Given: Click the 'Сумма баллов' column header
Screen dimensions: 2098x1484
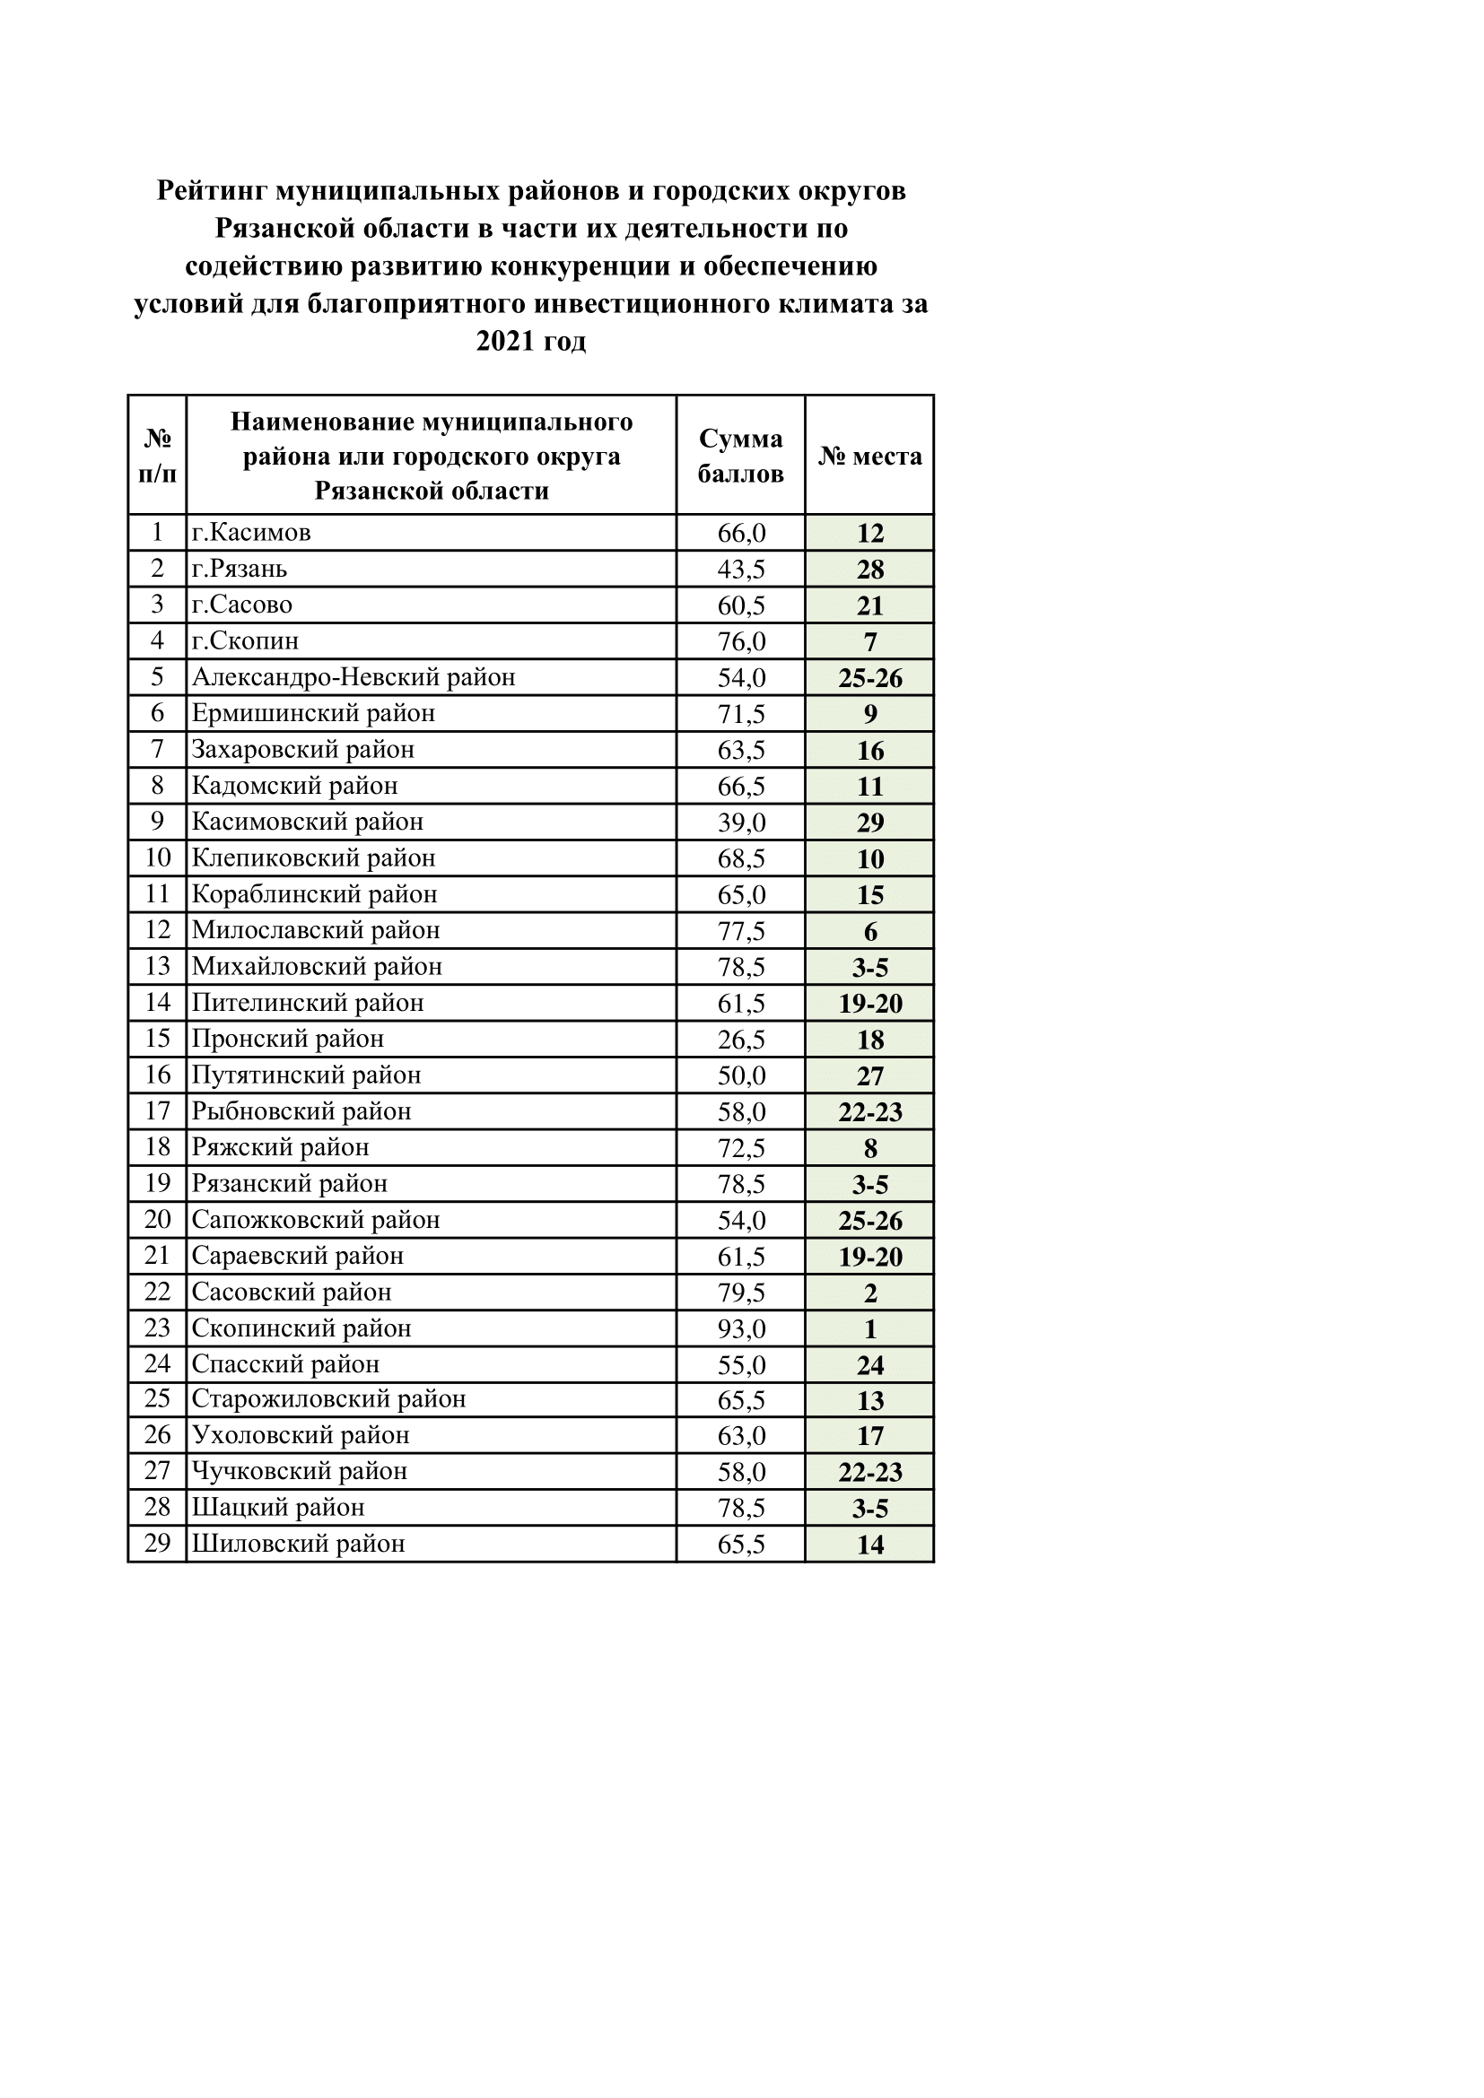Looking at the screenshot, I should [x=740, y=455].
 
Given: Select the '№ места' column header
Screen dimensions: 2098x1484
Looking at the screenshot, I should [x=869, y=455].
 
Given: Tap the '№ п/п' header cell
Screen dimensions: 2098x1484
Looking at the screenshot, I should [x=157, y=455].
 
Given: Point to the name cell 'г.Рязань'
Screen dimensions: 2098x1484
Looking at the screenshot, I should [x=240, y=569].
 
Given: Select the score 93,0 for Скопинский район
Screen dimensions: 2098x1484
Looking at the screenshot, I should [x=741, y=1328].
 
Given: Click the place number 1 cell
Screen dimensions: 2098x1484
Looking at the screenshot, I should [x=870, y=1328].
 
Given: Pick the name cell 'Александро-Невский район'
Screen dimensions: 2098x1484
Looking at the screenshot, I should [x=354, y=677].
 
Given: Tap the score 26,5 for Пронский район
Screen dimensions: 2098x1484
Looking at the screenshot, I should [x=741, y=1039].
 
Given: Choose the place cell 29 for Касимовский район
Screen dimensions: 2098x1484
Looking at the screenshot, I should [x=870, y=823].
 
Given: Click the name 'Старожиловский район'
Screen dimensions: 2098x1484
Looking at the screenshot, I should [x=329, y=1399].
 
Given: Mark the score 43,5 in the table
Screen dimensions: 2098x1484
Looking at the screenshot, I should [x=741, y=569].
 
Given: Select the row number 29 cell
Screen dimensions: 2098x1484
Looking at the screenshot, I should [x=157, y=1544].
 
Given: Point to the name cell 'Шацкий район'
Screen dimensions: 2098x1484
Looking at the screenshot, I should [x=278, y=1508].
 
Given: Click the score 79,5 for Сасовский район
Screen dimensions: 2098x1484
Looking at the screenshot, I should [x=741, y=1292].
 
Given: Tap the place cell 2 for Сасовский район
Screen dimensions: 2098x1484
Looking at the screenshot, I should [x=870, y=1292].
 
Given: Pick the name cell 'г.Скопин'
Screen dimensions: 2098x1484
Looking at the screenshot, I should [x=245, y=640].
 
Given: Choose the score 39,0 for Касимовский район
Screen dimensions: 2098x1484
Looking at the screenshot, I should [x=741, y=823].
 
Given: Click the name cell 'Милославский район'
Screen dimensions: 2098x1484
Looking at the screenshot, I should [x=315, y=930].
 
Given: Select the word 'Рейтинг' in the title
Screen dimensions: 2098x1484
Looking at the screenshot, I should [x=211, y=191].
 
